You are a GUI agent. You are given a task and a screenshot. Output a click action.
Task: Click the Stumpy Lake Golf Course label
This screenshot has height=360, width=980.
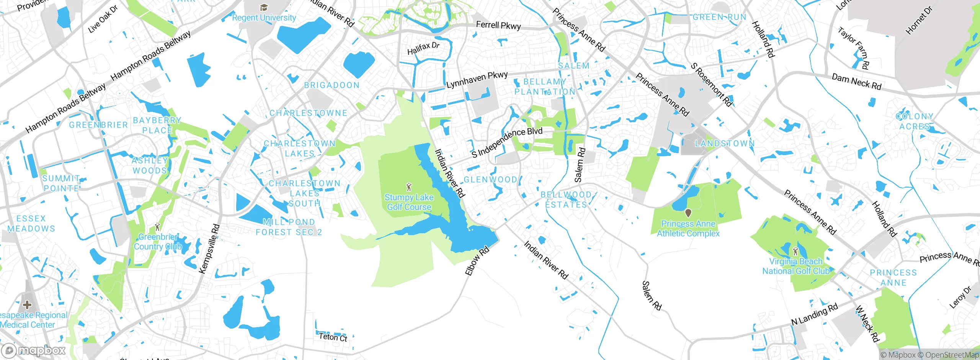coord(409,202)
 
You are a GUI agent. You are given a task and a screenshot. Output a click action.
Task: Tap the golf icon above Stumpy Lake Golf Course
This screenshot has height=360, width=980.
coord(409,187)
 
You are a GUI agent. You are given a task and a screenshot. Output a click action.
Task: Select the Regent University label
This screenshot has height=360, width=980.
coord(264,18)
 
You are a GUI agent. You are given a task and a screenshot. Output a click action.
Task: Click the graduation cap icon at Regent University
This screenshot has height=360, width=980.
coord(263,8)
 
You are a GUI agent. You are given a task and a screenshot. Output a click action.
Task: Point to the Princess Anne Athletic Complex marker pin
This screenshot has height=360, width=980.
coord(688,213)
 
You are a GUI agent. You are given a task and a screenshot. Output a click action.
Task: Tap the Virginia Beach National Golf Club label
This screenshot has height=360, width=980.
coord(795,266)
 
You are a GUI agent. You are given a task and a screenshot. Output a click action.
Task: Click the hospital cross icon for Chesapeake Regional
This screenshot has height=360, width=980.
coord(27,305)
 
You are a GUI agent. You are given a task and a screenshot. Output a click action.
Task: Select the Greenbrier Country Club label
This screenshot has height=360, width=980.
coord(157,242)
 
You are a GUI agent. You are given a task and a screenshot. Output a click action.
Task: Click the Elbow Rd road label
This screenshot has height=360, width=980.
coord(477,261)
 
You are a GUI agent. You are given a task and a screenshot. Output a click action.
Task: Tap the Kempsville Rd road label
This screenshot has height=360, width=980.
coord(209,249)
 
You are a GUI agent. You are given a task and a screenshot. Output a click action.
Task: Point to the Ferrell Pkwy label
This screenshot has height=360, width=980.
coord(498,26)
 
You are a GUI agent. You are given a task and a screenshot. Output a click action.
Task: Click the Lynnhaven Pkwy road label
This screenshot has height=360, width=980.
coord(477,80)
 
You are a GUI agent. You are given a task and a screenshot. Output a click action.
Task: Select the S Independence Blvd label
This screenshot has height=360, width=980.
coord(507,142)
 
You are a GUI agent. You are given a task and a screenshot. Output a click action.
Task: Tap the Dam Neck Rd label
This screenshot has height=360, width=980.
coord(856,82)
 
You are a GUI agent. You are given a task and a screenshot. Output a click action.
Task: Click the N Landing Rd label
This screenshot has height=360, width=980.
coord(814,314)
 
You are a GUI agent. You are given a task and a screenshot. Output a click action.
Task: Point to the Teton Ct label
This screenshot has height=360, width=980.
coord(333,337)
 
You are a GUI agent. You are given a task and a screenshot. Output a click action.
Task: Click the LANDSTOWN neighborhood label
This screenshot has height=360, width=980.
coord(725,144)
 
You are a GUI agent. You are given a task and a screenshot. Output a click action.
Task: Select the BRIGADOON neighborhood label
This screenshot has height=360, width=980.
coord(332,85)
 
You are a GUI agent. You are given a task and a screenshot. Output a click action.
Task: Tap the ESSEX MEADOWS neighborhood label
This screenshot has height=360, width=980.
coord(31,224)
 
